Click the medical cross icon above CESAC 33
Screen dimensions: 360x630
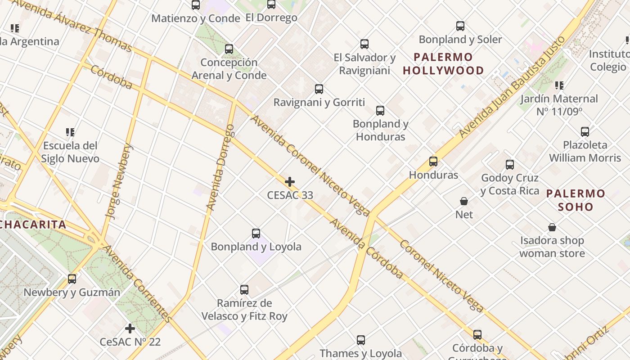[290, 182]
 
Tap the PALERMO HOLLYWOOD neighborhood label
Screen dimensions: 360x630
[443, 64]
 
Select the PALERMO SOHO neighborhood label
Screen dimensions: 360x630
[576, 200]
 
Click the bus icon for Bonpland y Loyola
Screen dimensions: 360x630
[256, 234]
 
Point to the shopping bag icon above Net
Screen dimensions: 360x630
[464, 201]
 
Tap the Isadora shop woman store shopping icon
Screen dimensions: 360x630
[552, 227]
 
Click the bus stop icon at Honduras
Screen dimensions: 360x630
[433, 162]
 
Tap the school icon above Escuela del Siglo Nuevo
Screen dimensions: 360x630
[70, 132]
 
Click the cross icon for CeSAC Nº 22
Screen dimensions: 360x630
[130, 328]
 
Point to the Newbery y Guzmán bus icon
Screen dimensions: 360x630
[72, 279]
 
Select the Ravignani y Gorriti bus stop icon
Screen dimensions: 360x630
[319, 89]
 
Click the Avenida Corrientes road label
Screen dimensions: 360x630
[137, 283]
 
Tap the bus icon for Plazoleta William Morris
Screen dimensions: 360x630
[585, 132]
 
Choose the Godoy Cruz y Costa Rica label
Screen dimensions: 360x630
[510, 184]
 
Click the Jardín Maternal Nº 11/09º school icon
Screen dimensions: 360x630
[559, 85]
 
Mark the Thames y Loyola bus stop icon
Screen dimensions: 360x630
[361, 340]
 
